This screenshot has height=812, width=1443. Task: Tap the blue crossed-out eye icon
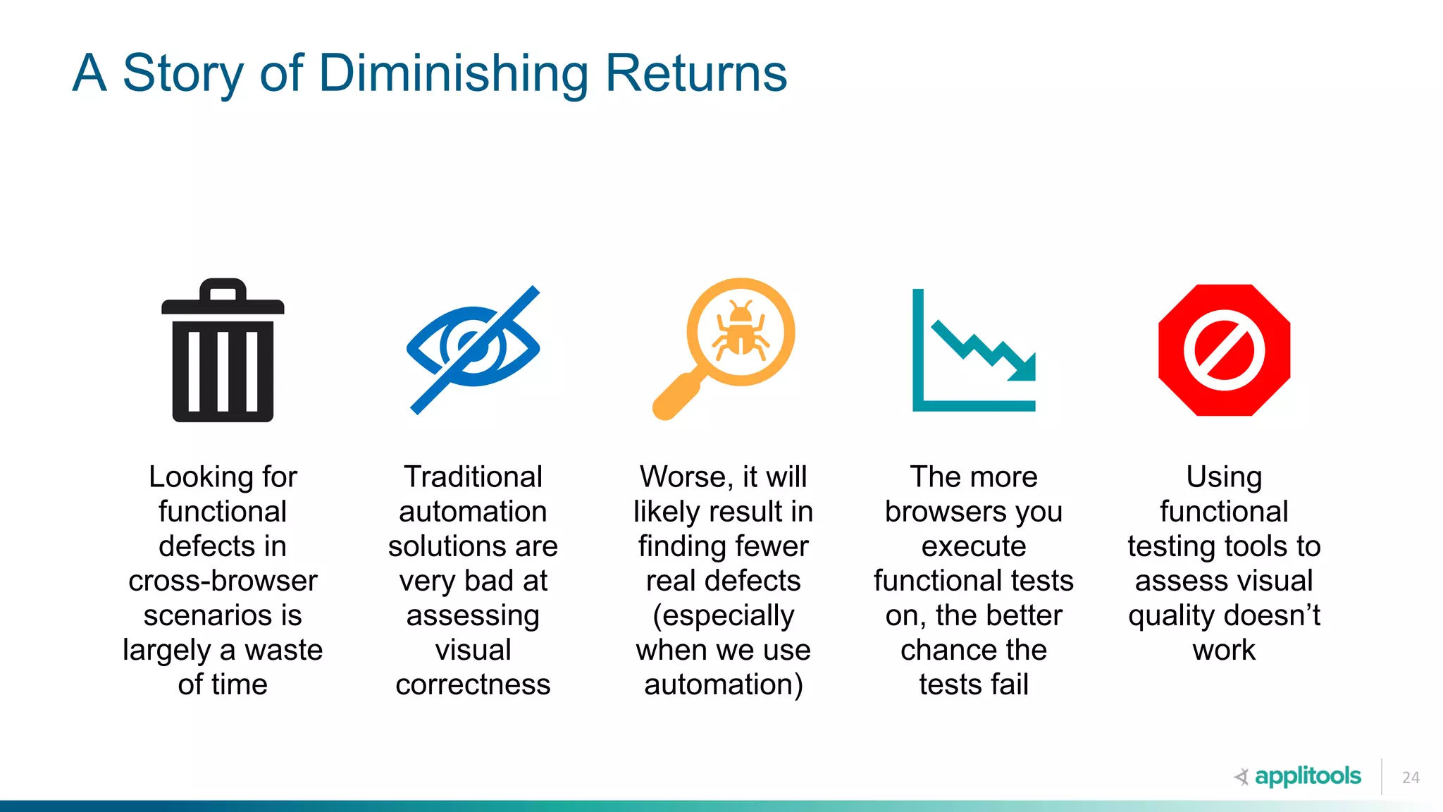point(473,349)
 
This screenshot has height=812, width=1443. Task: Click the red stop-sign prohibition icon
point(1224,350)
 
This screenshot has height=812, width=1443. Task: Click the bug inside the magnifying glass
point(741,331)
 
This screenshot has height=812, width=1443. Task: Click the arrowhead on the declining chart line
point(1024,367)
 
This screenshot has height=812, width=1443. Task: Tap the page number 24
point(1411,777)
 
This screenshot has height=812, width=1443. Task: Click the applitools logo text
point(1308,776)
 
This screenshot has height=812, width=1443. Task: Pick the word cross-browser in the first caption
point(223,581)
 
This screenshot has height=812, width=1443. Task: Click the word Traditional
point(473,477)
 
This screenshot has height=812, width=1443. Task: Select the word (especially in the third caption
point(724,615)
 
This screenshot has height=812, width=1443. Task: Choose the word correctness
point(473,684)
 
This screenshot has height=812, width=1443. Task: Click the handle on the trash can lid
point(223,288)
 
